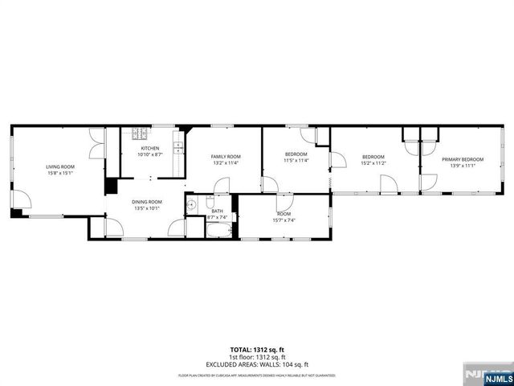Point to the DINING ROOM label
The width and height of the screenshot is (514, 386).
tap(147, 202)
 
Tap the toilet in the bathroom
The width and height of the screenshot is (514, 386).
tap(209, 201)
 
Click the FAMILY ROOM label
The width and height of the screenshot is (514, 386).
tap(226, 156)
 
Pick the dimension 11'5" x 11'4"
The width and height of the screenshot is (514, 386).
tap(296, 160)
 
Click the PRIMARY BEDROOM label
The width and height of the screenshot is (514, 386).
tap(462, 159)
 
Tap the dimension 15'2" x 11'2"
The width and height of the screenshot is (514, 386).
tap(373, 162)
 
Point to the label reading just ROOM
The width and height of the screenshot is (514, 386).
tap(284, 214)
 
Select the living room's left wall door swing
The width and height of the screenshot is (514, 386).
tap(20, 201)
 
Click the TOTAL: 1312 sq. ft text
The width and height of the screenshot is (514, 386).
tap(257, 349)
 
